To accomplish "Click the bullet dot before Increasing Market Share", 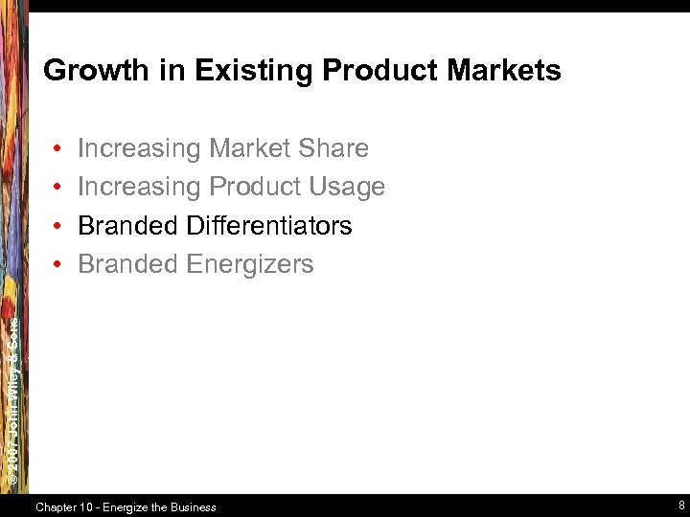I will tap(58, 149).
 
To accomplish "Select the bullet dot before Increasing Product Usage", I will tap(58, 188).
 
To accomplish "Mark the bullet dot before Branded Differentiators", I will tap(58, 227).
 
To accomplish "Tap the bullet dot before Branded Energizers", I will tap(58, 265).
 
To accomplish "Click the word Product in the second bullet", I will tap(254, 187).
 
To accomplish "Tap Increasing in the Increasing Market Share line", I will tap(139, 148).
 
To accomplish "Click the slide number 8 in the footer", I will tap(679, 505).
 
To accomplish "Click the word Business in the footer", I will tap(195, 507).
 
